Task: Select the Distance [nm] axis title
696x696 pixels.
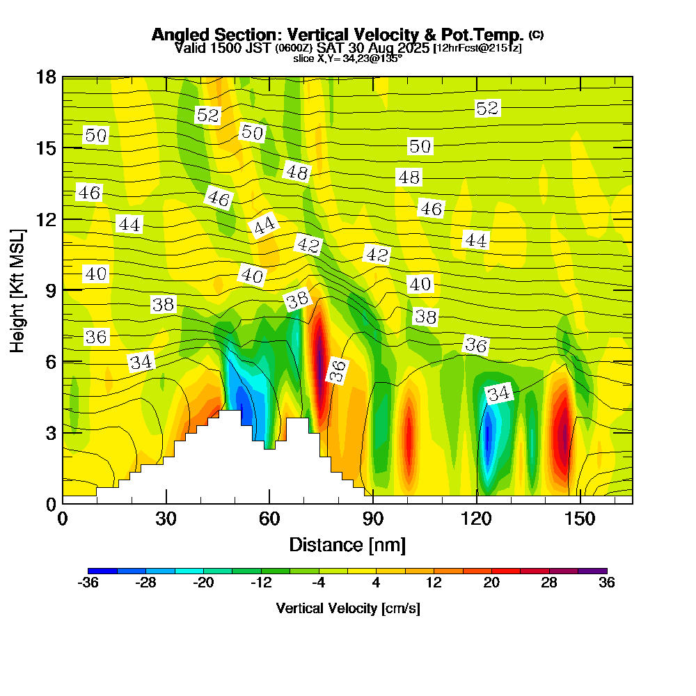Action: click(x=347, y=544)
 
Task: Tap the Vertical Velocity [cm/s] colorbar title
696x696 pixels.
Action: click(x=347, y=608)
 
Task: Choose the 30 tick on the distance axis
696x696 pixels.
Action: click(x=166, y=519)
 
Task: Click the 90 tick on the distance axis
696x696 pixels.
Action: click(x=373, y=519)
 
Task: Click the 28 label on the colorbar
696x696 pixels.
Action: click(x=549, y=583)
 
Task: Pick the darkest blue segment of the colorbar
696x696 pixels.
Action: click(x=102, y=571)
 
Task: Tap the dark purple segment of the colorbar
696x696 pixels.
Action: click(x=592, y=571)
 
